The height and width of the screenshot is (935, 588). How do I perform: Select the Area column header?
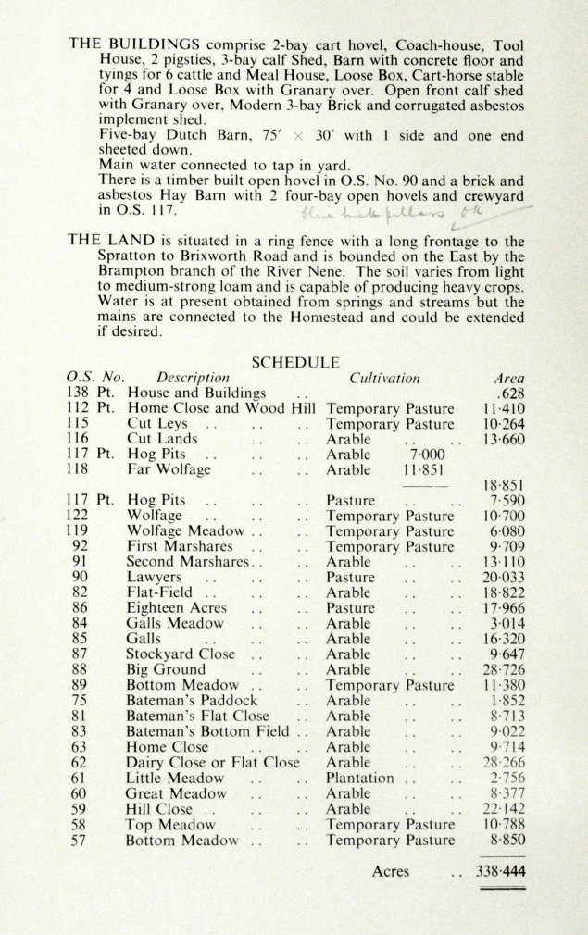pos(508,378)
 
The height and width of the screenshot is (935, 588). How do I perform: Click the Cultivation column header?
pos(384,378)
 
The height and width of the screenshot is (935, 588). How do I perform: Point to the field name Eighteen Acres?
pos(173,608)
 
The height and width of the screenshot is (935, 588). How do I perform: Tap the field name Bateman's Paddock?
pos(192,701)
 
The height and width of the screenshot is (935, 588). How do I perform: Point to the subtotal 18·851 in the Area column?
pos(504,485)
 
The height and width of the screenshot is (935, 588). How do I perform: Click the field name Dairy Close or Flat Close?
pos(213,762)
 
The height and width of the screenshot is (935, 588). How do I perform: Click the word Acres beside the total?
pos(390,871)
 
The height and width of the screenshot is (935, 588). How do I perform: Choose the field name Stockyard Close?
pos(181,654)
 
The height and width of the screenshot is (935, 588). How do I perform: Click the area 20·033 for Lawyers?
pos(505,577)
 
